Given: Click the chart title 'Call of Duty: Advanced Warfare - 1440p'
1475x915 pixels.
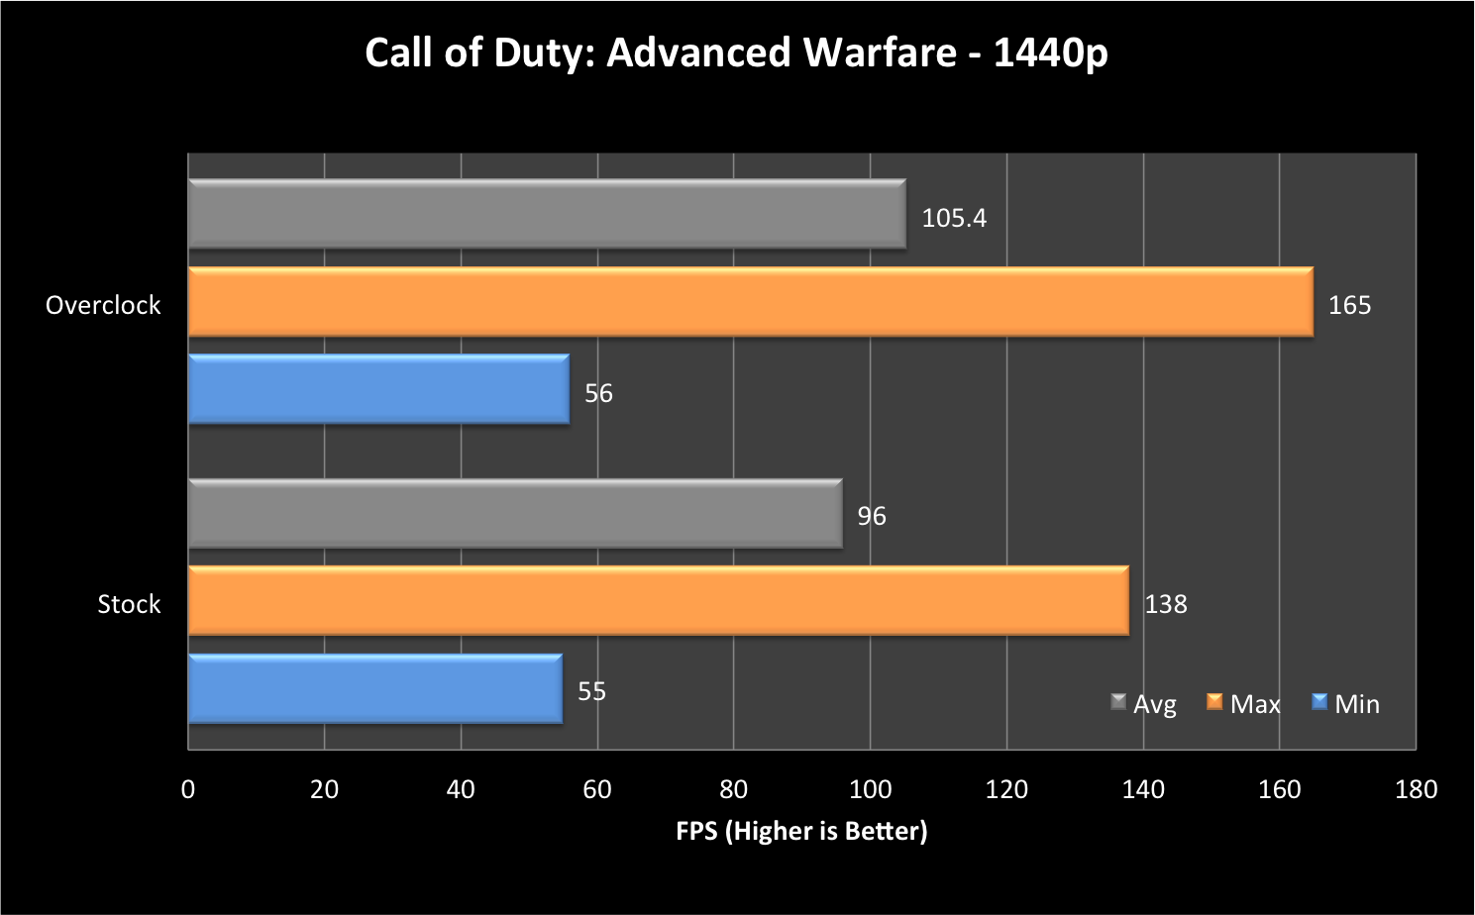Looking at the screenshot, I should coord(736,53).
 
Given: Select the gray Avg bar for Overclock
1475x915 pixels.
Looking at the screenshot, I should coord(547,214).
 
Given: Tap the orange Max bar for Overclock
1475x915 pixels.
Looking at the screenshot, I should coord(750,302).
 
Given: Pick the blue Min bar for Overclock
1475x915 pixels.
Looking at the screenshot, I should coord(378,389).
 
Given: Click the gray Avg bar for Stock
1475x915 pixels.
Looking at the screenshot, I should coord(515,514).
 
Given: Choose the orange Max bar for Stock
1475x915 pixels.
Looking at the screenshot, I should coord(658,601).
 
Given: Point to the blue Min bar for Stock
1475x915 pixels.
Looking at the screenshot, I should coord(374,689).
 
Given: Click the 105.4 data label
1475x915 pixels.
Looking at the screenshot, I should coord(954,218).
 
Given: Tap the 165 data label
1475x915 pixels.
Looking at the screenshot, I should coord(1349,305).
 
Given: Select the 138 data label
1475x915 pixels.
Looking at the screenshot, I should coord(1165,604).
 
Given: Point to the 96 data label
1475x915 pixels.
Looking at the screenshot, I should coord(872,516).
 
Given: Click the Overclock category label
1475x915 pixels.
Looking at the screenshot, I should coord(103,305).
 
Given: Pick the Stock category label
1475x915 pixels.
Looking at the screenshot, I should coord(129,604).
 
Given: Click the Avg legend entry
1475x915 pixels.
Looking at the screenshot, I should coord(1145,704).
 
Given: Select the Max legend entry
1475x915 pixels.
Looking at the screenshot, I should coord(1244,704).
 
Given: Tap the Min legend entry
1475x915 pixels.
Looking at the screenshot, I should coord(1346,704).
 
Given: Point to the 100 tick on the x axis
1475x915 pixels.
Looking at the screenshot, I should coord(870,789).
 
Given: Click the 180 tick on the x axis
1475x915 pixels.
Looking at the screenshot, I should coord(1416,789).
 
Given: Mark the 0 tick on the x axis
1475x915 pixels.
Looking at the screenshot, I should coord(188,789).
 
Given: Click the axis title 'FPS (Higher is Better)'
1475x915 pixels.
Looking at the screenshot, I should coord(801,831).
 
